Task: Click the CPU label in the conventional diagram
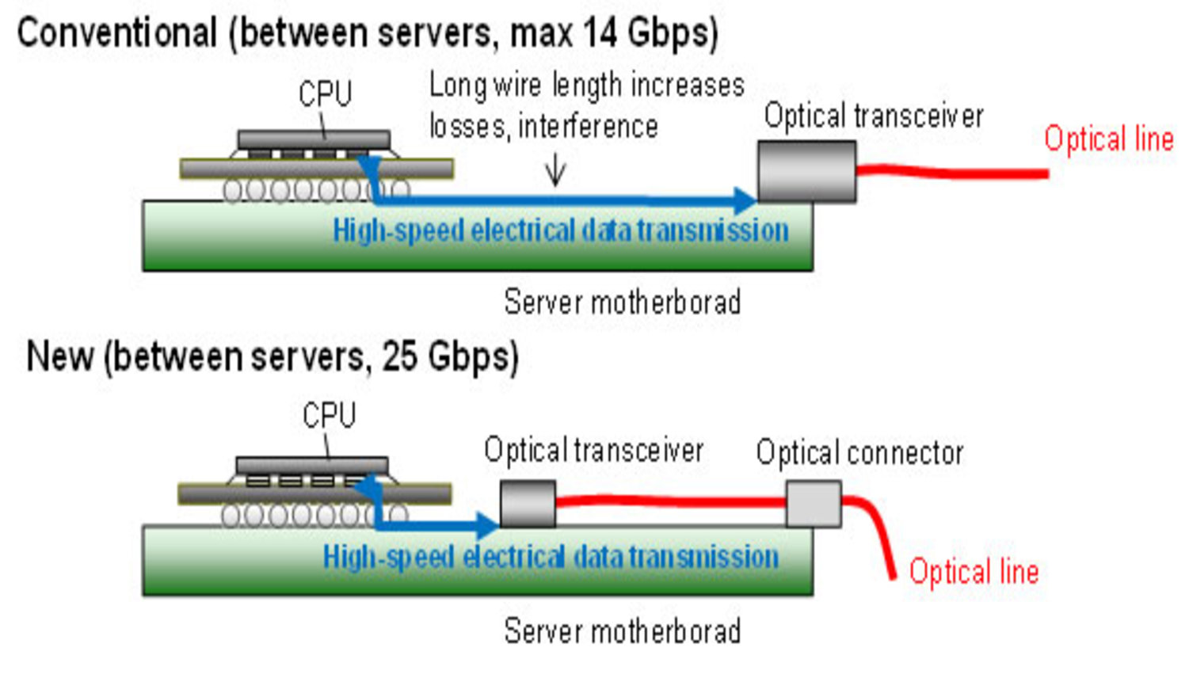pos(325,94)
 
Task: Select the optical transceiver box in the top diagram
pos(806,172)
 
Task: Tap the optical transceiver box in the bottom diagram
pos(528,504)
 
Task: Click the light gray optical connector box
pos(813,504)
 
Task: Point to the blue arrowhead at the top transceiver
pos(745,200)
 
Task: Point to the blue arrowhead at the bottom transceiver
pos(486,524)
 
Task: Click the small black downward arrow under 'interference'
pos(555,170)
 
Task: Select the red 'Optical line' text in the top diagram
pos(1108,139)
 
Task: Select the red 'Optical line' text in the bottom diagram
pos(974,572)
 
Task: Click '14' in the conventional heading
pos(600,33)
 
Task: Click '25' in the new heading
pos(400,356)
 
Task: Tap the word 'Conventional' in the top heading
pos(117,33)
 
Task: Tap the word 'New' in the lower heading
pos(59,356)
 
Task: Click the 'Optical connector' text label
pos(859,453)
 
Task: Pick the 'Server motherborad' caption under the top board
pos(622,303)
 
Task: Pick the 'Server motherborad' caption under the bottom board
pos(622,632)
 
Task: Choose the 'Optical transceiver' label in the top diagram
pos(873,116)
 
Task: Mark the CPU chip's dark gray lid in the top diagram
pos(314,139)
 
